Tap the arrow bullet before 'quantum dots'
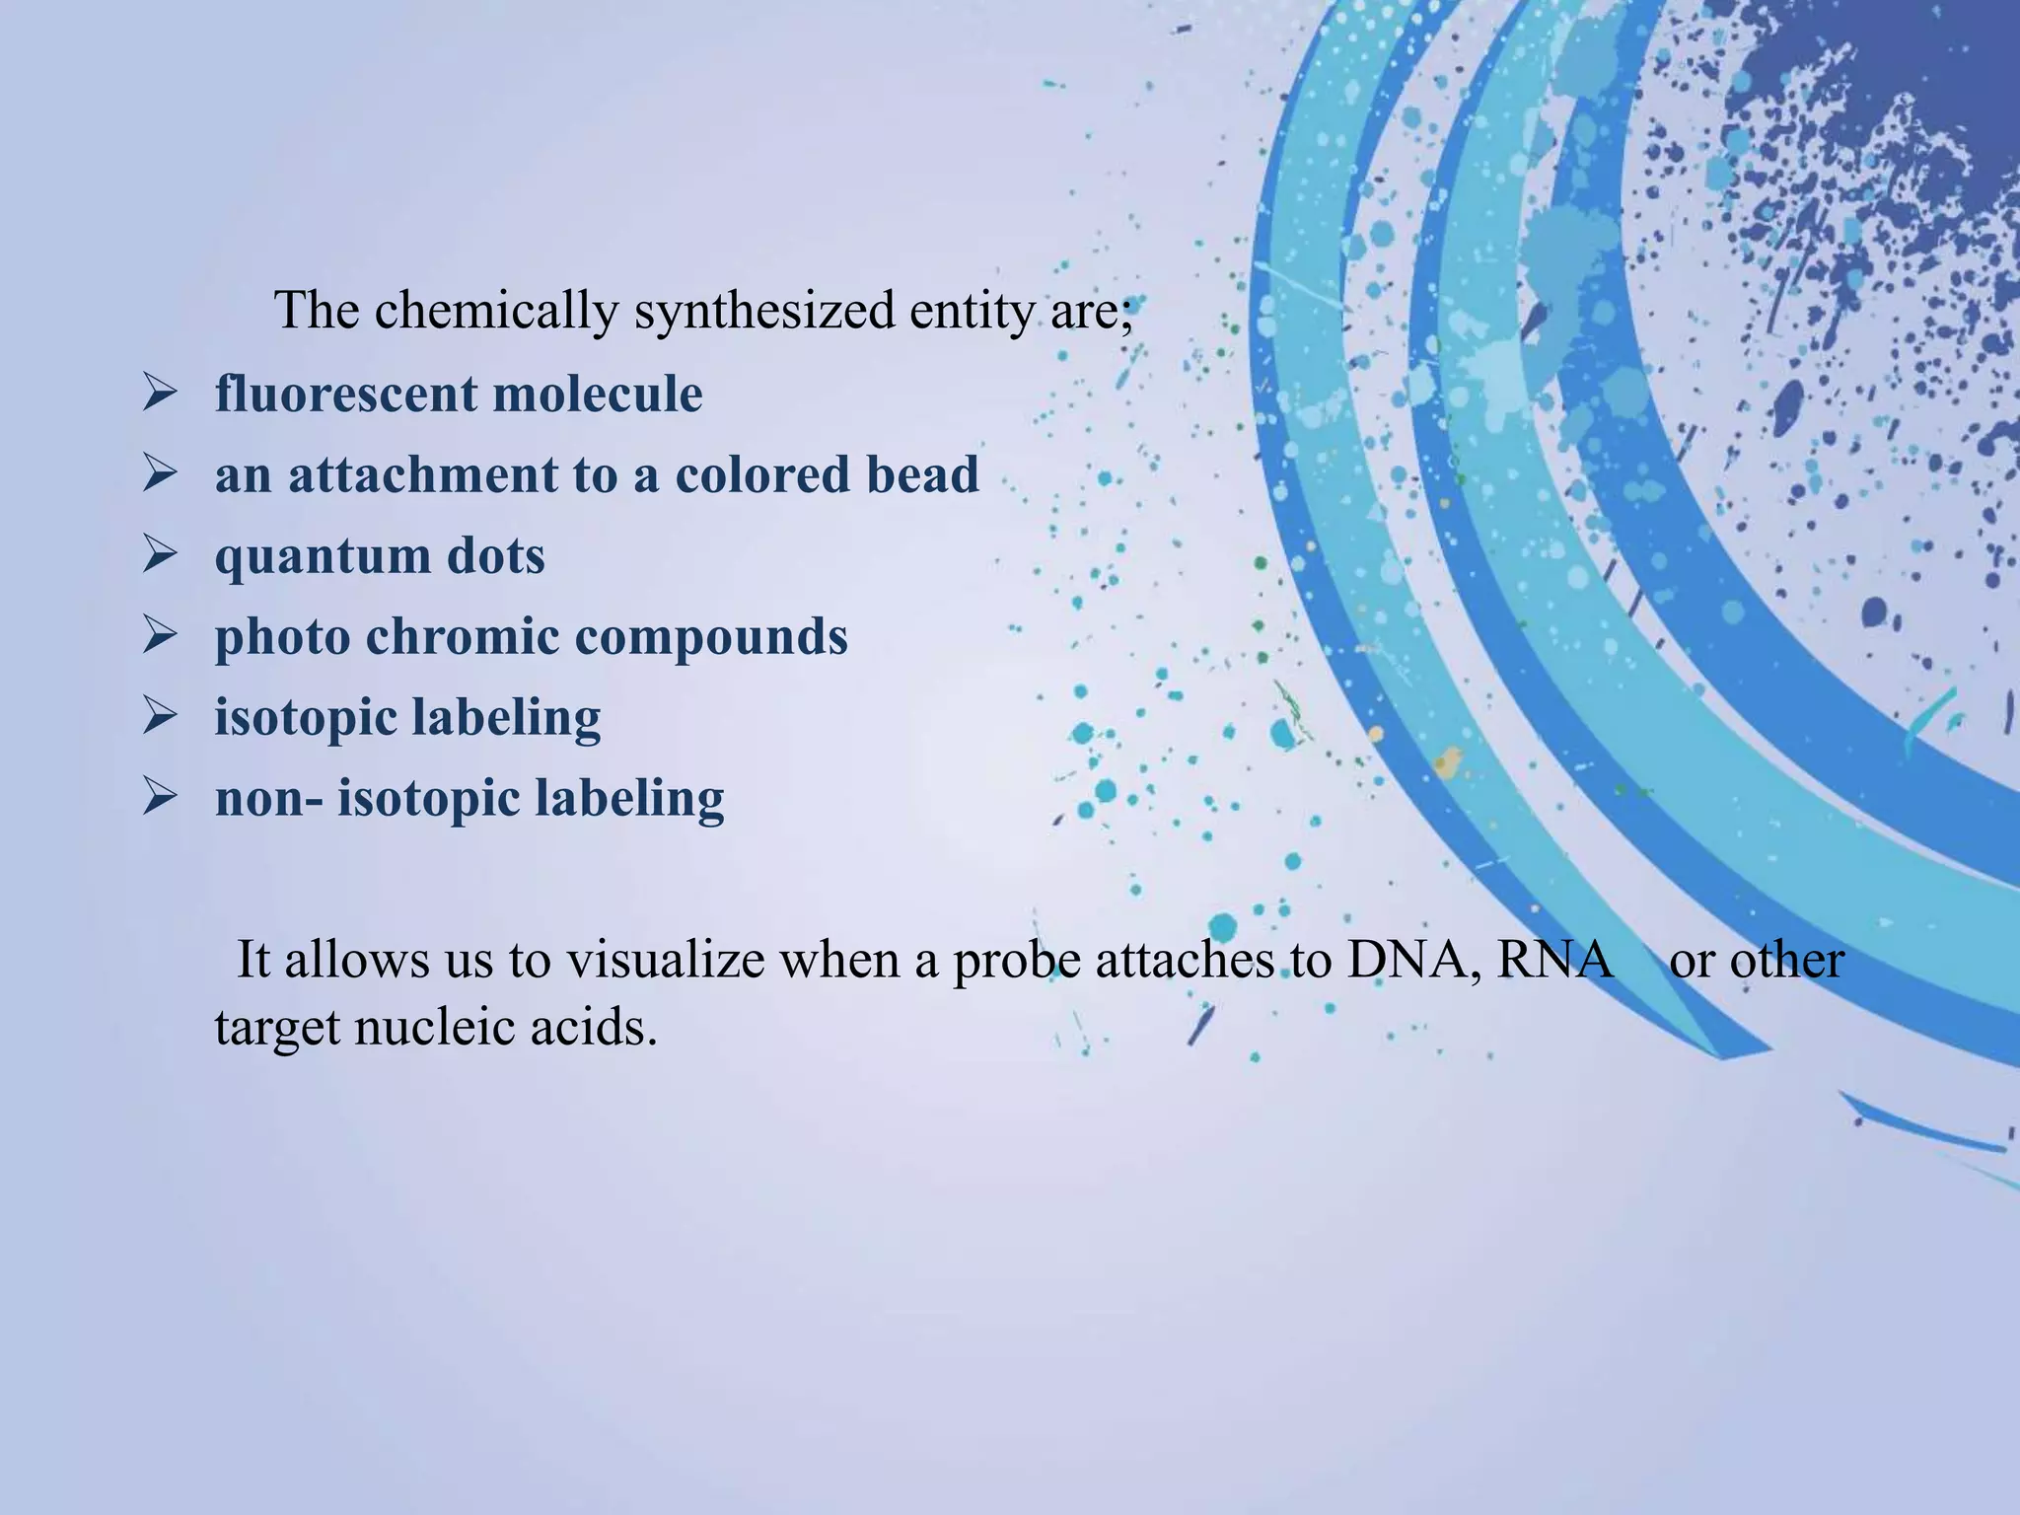(x=159, y=555)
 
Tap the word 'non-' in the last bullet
(x=268, y=798)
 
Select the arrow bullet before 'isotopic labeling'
(x=159, y=716)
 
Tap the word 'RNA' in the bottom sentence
(x=1553, y=961)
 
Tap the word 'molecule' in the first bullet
(x=597, y=395)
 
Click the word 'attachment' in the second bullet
(x=422, y=474)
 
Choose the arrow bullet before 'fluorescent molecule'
(x=159, y=395)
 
